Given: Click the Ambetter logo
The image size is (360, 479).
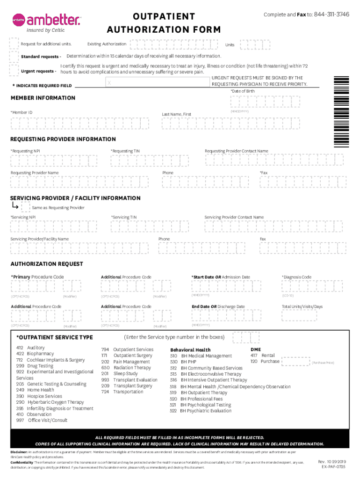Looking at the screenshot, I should tap(47, 21).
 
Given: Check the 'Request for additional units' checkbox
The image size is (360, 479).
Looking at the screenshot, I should tap(14, 44).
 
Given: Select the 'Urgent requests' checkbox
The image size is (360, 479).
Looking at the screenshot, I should tap(14, 71).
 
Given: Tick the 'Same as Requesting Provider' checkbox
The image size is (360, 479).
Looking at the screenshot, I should tap(26, 207).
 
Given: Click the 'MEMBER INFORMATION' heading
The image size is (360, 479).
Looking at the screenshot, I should tap(43, 98).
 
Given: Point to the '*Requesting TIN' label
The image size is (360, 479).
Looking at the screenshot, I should tap(125, 151).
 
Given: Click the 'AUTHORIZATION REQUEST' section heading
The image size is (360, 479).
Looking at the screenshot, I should tap(47, 264).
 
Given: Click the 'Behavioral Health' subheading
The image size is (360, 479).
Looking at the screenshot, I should tap(190, 350).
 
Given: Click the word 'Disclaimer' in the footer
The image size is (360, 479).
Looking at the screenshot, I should tap(19, 452).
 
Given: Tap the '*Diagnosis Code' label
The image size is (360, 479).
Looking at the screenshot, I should tap(296, 277).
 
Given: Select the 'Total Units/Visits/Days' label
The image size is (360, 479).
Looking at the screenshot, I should tap(302, 307).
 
